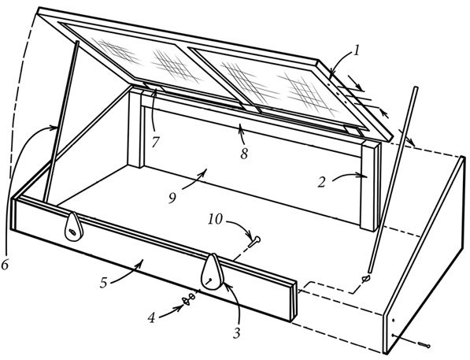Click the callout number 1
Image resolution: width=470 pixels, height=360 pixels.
[x=356, y=50]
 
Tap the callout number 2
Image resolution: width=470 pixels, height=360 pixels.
[x=322, y=182]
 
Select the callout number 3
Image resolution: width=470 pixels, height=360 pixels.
[x=237, y=332]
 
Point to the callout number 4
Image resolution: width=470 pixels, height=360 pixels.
[x=152, y=318]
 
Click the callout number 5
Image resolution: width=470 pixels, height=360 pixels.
[x=103, y=282]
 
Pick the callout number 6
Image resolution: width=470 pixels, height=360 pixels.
[x=5, y=265]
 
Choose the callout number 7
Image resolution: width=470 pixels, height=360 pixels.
[x=154, y=142]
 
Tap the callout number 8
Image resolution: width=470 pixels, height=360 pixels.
[x=244, y=154]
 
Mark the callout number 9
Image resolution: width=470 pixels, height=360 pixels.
[x=172, y=199]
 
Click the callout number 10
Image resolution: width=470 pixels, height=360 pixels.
[x=216, y=219]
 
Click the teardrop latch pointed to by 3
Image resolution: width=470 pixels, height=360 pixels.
[x=213, y=272]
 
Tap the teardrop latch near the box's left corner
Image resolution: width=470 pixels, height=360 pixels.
[x=72, y=226]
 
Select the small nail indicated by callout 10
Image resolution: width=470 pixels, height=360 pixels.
[x=254, y=241]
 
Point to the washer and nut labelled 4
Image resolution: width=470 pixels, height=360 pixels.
[x=189, y=299]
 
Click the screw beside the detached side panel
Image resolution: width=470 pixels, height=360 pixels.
[x=425, y=345]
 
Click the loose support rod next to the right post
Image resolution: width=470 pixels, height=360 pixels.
[x=393, y=180]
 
